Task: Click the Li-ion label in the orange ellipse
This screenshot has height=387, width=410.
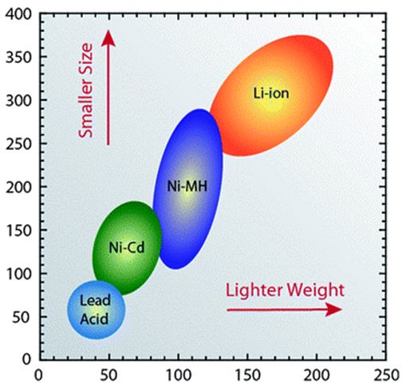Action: [271, 93]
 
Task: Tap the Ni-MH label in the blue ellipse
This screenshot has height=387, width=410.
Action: [187, 186]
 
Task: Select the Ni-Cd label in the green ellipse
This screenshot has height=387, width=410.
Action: [127, 247]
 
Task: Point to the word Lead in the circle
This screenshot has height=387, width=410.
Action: [95, 300]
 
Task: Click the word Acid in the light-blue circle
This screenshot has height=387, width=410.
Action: [94, 318]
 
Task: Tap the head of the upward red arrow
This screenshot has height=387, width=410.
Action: [108, 38]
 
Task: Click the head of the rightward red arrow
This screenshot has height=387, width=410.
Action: [333, 310]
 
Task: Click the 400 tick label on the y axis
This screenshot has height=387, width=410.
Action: [18, 14]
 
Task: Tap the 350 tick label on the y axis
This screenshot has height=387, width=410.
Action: [18, 57]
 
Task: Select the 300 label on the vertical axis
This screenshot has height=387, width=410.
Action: [18, 101]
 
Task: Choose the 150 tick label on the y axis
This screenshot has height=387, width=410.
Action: [18, 231]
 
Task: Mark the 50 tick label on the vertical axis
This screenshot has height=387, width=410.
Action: [22, 317]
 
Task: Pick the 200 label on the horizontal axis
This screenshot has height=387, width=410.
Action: [317, 375]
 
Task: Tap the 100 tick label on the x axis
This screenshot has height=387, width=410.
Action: [178, 375]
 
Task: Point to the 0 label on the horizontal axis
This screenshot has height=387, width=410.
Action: [39, 375]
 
